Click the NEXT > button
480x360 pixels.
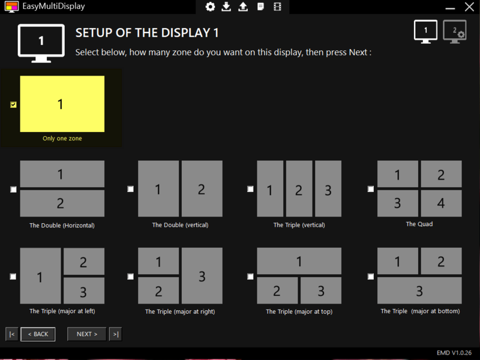87,334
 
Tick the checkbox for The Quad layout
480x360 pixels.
371,189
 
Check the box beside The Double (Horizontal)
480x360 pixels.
14,190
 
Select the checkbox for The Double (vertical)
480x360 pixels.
131,189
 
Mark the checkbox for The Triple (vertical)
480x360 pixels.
251,189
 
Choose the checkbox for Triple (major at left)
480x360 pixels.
13,277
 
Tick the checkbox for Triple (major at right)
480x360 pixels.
131,277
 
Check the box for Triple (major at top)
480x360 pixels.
251,277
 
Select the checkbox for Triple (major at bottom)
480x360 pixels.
371,277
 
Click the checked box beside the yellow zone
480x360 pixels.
14,104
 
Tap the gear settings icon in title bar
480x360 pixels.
210,7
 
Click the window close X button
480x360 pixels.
469,7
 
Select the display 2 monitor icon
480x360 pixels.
454,31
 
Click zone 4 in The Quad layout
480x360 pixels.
441,203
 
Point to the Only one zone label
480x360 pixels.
62,139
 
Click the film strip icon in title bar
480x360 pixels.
277,7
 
